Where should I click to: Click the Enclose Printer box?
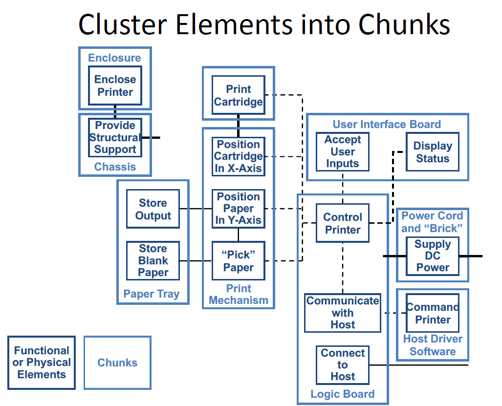[115, 85]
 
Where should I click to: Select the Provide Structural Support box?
[115, 137]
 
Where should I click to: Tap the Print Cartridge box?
[239, 96]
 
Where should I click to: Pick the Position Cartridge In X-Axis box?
[239, 156]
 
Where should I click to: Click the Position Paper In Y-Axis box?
[239, 209]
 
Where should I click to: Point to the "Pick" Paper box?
[239, 261]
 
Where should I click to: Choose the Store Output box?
[153, 209]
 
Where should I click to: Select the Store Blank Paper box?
[153, 260]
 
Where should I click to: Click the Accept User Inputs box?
[342, 151]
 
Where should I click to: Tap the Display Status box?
[433, 152]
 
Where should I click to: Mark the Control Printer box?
[343, 223]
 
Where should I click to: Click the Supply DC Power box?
[433, 256]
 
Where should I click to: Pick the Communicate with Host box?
[343, 313]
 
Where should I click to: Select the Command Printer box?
[433, 313]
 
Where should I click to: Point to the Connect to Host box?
[343, 364]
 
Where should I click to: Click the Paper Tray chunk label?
[152, 294]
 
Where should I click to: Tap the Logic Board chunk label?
[343, 394]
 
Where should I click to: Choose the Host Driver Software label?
[433, 345]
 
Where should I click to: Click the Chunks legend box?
[117, 363]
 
